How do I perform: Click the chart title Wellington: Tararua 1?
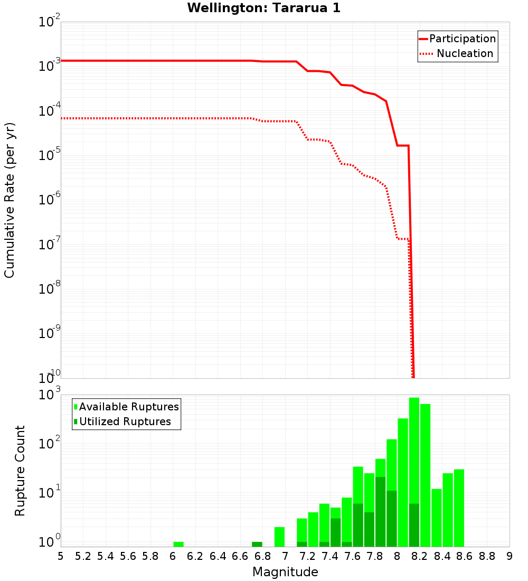(260, 8)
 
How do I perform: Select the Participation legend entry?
(463, 39)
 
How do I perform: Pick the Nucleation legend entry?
(465, 53)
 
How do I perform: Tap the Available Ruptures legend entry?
(129, 407)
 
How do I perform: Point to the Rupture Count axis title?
(20, 470)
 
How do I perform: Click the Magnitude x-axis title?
(285, 572)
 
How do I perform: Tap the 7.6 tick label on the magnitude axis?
(352, 556)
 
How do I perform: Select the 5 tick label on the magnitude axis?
(61, 556)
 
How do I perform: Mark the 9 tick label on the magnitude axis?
(510, 556)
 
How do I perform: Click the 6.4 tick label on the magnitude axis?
(218, 556)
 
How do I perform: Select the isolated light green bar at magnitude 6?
(178, 544)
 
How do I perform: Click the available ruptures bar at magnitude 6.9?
(279, 537)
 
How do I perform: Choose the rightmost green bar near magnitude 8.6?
(459, 508)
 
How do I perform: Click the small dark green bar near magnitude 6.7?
(257, 544)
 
